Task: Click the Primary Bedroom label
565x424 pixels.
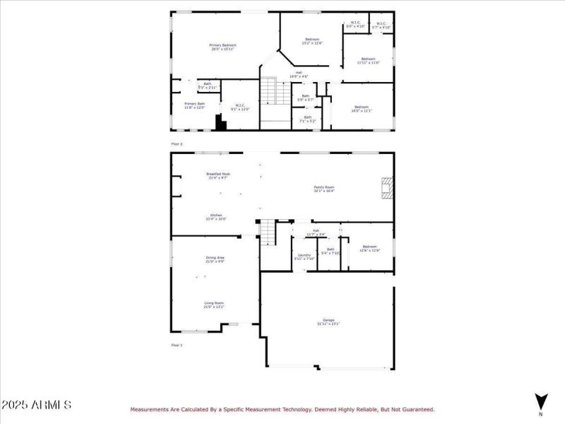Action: (x=223, y=47)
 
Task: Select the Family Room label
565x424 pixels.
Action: (x=324, y=189)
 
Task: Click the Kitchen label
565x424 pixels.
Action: (x=216, y=217)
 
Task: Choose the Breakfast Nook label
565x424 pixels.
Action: (x=218, y=175)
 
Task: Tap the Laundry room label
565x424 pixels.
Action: (x=304, y=257)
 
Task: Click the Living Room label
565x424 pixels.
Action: (x=214, y=305)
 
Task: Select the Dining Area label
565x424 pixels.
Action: (x=215, y=259)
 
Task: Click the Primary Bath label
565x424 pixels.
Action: (x=195, y=105)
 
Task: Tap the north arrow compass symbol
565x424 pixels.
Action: (x=540, y=399)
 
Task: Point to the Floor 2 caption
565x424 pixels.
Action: (x=177, y=143)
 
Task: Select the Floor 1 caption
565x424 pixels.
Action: (x=177, y=345)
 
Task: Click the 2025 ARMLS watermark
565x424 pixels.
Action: (x=37, y=405)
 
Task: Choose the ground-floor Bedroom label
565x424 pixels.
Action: (x=370, y=248)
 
